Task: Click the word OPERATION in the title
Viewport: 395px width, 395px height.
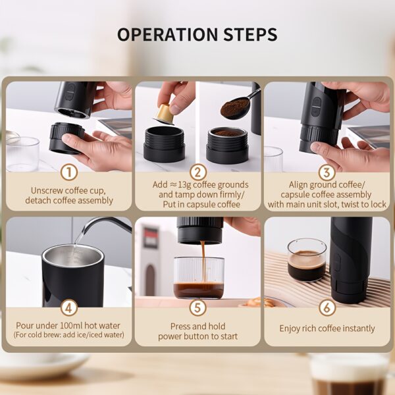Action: [167, 34]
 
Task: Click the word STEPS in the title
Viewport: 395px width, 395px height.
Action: [250, 34]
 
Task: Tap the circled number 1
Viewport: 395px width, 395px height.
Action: [68, 172]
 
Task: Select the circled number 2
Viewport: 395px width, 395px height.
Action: [197, 172]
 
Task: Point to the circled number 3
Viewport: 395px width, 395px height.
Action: [327, 172]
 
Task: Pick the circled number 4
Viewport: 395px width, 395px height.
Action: [68, 308]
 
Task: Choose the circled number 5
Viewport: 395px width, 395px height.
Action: [197, 308]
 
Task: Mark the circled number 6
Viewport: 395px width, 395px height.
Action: [327, 308]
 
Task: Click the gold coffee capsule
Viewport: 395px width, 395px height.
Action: [164, 114]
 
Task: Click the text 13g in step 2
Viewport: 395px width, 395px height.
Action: [184, 185]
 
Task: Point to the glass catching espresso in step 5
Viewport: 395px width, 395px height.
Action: [199, 278]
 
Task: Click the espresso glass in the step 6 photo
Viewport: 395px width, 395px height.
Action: [307, 259]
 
